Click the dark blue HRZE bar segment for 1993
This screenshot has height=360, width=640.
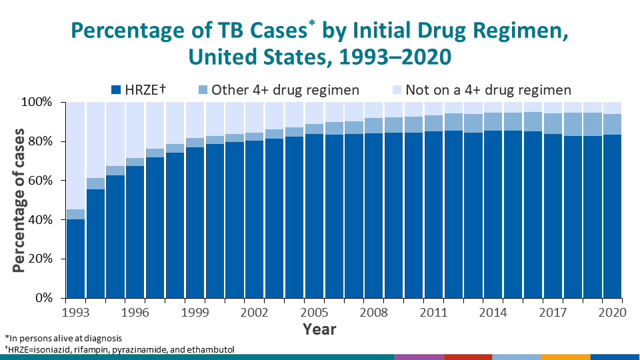(75, 259)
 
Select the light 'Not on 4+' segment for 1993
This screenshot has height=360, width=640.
(75, 155)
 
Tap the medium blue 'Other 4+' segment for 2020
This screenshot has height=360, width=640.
(612, 124)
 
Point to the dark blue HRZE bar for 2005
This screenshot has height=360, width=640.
(315, 216)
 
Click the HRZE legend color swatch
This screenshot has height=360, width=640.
(116, 90)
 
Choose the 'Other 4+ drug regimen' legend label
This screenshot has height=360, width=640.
(285, 90)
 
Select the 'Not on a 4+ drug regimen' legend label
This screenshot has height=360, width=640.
(489, 90)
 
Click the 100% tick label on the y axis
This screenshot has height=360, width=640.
(37, 102)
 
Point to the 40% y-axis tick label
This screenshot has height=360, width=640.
(40, 219)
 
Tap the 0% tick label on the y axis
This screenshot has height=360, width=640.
(44, 298)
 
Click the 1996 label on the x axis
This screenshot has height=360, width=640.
(135, 313)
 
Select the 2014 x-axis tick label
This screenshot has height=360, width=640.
(493, 313)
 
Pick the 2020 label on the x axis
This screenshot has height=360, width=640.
(612, 313)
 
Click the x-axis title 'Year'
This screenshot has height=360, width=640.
(319, 329)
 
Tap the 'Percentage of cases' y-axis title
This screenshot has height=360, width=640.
(19, 201)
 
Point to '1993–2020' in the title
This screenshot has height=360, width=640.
(395, 57)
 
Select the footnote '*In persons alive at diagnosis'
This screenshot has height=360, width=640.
(63, 339)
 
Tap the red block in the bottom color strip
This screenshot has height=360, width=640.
(468, 357)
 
